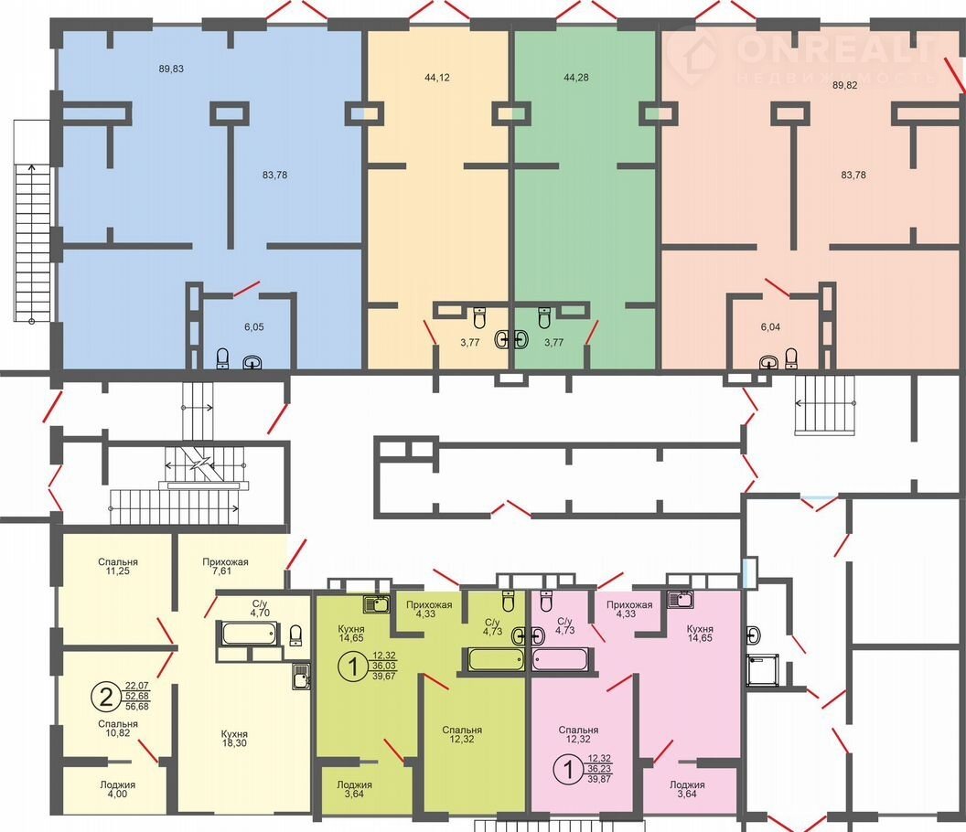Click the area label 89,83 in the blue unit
tap(171, 69)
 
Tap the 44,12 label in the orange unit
tap(436, 78)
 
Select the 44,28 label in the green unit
tap(576, 78)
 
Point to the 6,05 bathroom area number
tap(253, 327)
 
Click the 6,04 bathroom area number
tap(770, 327)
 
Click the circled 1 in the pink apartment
tap(568, 770)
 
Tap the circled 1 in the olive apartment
tap(352, 667)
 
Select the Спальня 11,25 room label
tap(118, 567)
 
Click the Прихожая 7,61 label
tap(225, 567)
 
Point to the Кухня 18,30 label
tap(234, 739)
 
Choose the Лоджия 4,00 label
tap(118, 790)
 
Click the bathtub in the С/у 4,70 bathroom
tap(247, 634)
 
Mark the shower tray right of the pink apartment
tap(763, 670)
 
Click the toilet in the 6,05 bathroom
tap(223, 358)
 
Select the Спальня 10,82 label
tap(118, 729)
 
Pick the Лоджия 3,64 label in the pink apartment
tap(687, 790)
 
